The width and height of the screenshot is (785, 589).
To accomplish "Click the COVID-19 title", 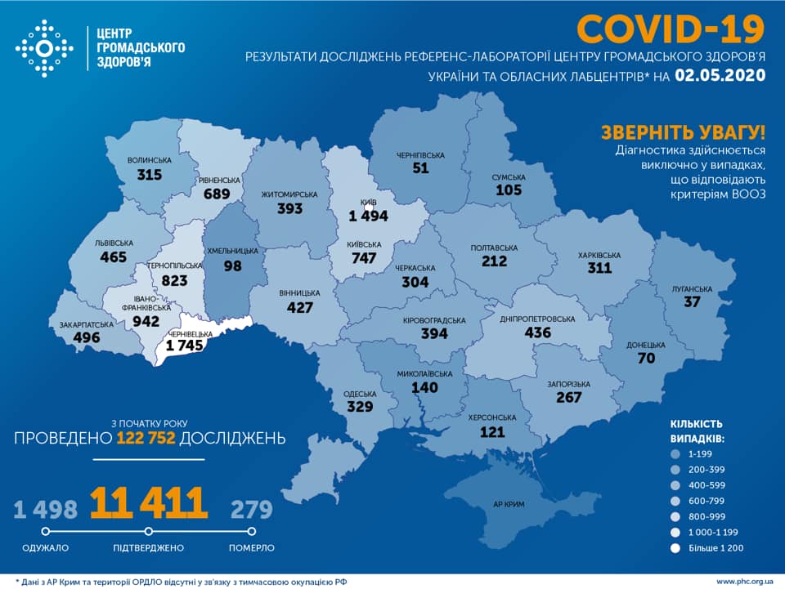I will tap(671, 29).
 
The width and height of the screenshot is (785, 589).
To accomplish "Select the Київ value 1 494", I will tap(368, 216).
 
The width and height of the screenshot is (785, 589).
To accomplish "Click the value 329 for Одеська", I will tap(359, 407).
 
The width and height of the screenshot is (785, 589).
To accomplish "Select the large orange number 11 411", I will tap(148, 503).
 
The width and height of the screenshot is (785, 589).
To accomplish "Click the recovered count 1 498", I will tap(45, 510).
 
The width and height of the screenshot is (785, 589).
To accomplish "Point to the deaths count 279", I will tap(251, 510).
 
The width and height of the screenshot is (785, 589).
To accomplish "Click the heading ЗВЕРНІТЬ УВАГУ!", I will tap(683, 133).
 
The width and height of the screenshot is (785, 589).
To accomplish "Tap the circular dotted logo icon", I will tap(44, 49).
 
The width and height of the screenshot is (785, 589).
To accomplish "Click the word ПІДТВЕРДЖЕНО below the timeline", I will tap(148, 547).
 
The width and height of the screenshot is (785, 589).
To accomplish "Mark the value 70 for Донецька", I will tap(648, 358).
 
